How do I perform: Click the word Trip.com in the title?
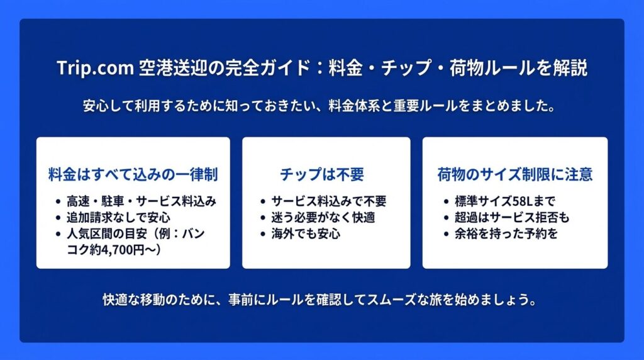click(x=96, y=68)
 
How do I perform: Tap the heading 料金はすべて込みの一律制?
click(x=133, y=174)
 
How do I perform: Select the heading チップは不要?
click(x=322, y=174)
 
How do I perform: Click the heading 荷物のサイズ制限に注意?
click(x=515, y=174)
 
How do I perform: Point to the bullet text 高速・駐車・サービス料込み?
click(x=142, y=201)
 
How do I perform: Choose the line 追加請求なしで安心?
click(x=118, y=217)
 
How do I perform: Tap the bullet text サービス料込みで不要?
click(x=328, y=201)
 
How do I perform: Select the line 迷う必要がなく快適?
click(x=323, y=217)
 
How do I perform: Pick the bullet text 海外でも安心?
click(x=306, y=234)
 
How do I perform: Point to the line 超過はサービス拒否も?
click(x=512, y=217)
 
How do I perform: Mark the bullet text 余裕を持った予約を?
click(x=506, y=234)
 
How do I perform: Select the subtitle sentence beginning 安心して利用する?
click(x=319, y=106)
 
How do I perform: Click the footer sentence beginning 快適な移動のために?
click(x=319, y=300)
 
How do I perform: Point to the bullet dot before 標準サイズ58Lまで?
click(x=446, y=202)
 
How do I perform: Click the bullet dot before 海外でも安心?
click(x=263, y=234)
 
